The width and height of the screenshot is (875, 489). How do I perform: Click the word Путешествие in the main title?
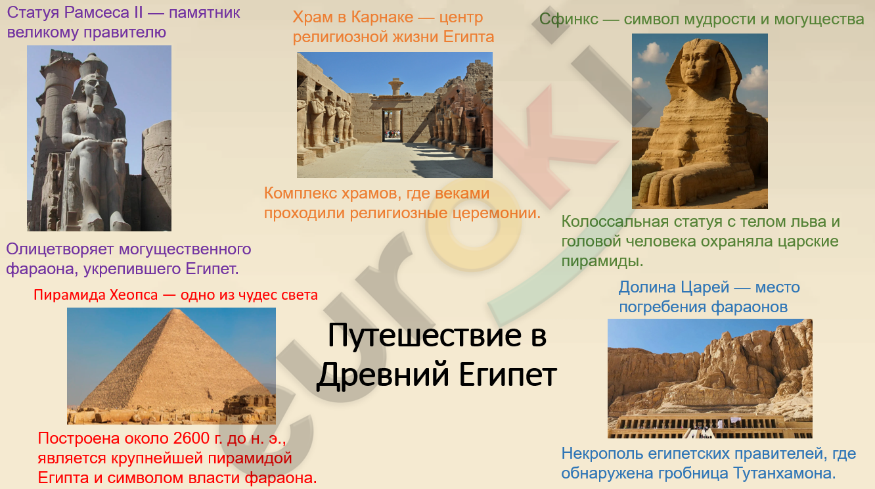pos(424,336)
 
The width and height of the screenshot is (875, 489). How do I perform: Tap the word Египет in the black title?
pos(507,375)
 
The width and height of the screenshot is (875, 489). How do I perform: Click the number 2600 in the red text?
pos(191,438)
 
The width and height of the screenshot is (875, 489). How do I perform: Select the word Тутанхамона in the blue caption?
pos(784,473)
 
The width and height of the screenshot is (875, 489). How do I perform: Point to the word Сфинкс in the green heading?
pos(568,20)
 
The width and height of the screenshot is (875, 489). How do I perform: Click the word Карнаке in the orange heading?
pos(382,17)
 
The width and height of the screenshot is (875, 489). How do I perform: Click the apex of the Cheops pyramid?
pos(177,310)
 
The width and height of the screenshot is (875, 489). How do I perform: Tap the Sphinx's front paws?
pos(672,187)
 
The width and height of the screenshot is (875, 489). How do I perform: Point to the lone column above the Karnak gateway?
pos(395,86)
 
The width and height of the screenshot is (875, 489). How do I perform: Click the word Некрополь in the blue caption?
pos(602,454)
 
